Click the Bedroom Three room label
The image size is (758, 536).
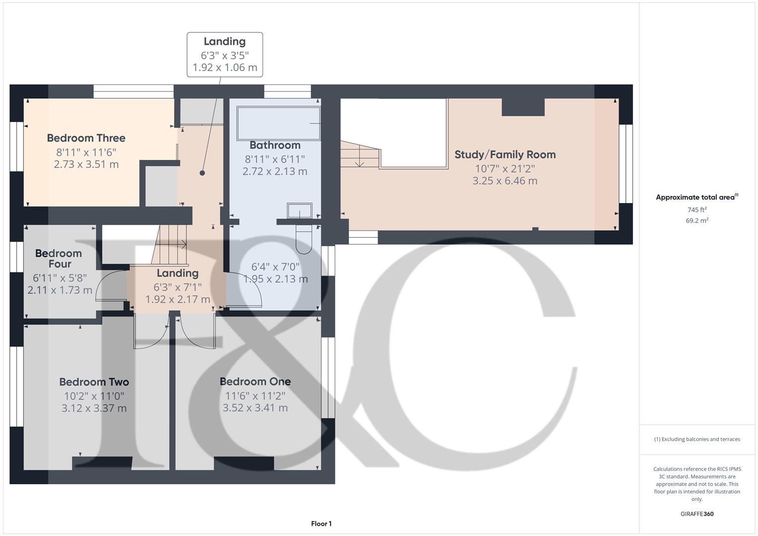[86, 138]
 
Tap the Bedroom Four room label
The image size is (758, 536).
[59, 259]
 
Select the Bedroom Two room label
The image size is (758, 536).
[94, 382]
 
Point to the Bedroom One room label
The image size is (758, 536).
[255, 381]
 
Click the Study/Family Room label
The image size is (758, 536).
[505, 154]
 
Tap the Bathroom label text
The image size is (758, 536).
[275, 145]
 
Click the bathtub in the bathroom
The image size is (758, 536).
[278, 124]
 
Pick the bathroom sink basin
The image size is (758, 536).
[300, 210]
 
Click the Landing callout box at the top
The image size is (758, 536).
[224, 55]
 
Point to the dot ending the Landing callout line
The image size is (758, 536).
[203, 173]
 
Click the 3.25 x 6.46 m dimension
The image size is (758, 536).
[505, 181]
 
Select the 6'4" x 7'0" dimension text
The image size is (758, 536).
[275, 267]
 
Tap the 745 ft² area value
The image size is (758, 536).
[697, 209]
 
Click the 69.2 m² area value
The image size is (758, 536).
[697, 220]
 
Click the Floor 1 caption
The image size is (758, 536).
[321, 524]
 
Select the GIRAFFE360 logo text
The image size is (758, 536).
[697, 514]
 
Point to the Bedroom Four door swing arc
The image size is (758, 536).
[104, 285]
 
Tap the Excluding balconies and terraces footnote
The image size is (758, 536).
[697, 439]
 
